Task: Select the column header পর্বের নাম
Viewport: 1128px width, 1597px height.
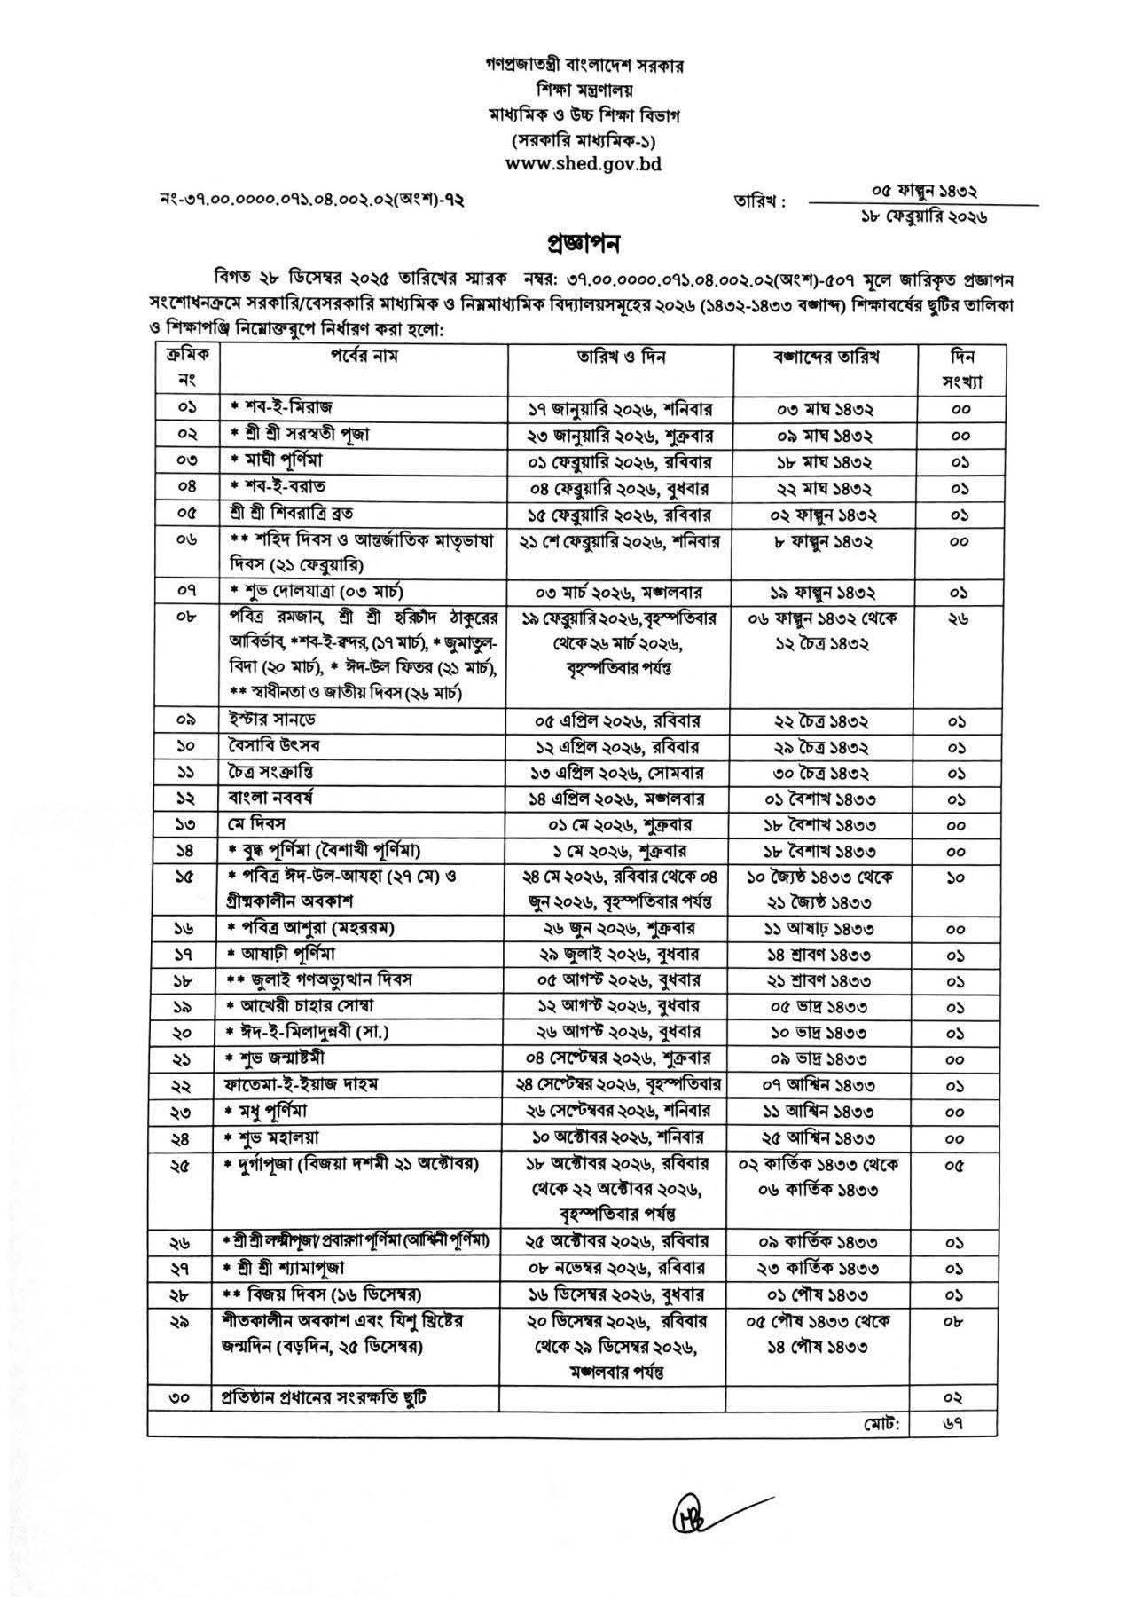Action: coord(363,357)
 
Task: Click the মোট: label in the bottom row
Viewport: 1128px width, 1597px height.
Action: coord(882,1423)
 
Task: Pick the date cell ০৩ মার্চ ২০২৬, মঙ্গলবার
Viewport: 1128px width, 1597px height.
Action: coord(620,592)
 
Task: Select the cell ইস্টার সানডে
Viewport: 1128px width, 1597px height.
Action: coord(268,720)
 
